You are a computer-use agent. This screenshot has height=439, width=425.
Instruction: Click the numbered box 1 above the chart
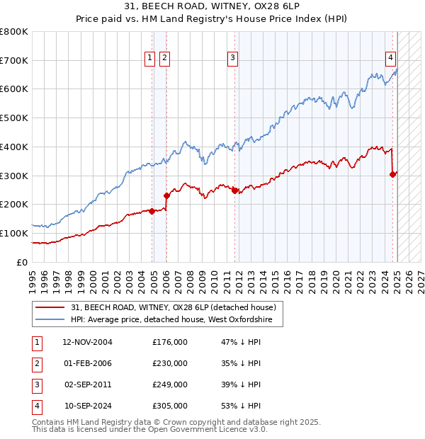(150, 59)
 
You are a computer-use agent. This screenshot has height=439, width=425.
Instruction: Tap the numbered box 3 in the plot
(232, 59)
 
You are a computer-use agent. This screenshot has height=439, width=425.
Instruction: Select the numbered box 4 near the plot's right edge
(390, 59)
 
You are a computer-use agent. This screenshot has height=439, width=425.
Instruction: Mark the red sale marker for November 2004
(152, 211)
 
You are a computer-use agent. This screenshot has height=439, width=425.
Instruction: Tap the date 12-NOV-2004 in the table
(88, 342)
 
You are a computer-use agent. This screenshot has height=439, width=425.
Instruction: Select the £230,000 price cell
(170, 363)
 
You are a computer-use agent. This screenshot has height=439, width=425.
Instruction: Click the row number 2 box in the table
(35, 363)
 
